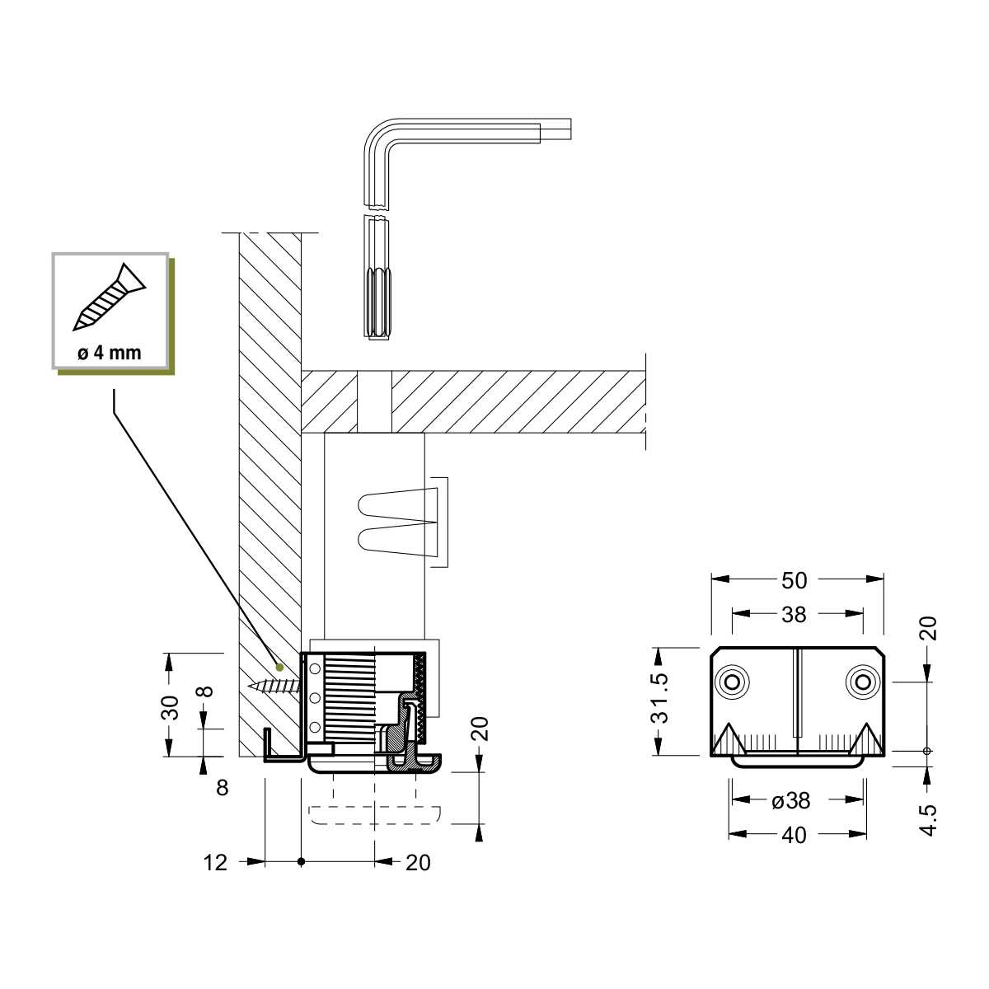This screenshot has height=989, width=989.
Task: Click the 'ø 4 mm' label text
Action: (110, 353)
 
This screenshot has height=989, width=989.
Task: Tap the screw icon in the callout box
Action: (110, 297)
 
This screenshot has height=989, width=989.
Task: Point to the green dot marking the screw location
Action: (279, 668)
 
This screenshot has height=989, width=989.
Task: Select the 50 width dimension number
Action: (794, 580)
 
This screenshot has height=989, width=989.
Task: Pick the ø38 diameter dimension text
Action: (791, 800)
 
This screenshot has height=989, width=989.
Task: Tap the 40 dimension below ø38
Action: (794, 836)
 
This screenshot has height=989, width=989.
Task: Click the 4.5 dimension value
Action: (929, 820)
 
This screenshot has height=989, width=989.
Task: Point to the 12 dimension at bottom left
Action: (215, 863)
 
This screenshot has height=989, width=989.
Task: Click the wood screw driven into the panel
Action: (274, 686)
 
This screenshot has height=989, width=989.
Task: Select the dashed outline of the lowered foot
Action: (375, 815)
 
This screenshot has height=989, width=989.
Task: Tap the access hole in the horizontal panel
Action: (374, 401)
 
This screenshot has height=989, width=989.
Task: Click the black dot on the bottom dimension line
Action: (302, 862)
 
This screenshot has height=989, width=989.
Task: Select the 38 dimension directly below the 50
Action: (794, 614)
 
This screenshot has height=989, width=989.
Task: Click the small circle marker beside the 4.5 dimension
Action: (926, 751)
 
